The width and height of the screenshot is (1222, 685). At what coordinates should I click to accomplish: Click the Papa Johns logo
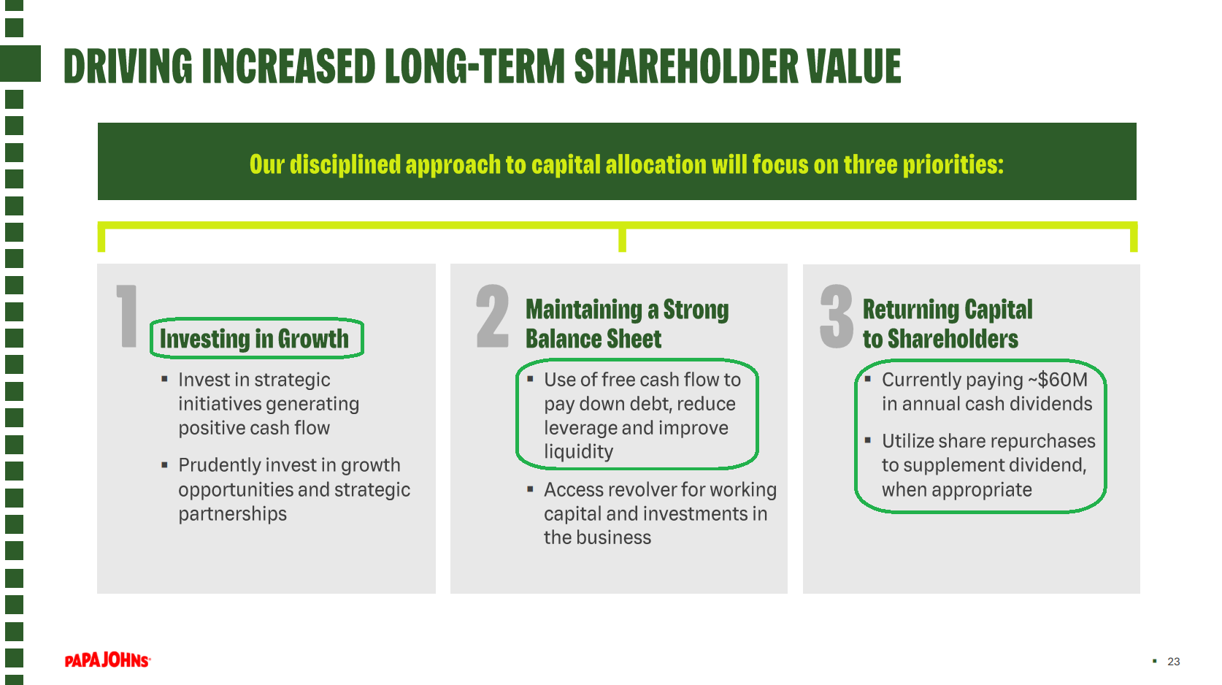107,660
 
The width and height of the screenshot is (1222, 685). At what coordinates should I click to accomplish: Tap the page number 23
1173,662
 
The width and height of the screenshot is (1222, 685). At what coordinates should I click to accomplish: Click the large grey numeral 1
127,316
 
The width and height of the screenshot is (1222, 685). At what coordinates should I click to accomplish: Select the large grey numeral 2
492,316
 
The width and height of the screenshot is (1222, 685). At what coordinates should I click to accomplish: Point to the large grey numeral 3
837,316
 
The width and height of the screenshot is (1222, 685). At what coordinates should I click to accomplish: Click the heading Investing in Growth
254,339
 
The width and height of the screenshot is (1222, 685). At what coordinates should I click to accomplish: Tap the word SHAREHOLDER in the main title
685,66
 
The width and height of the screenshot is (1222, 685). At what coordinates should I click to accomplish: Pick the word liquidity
578,452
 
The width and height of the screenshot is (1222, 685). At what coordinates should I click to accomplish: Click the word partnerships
232,514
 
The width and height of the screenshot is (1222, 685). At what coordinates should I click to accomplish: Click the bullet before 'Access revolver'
530,489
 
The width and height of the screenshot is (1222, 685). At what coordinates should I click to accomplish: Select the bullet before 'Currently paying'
867,379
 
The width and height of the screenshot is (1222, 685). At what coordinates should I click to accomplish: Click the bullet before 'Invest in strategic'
164,379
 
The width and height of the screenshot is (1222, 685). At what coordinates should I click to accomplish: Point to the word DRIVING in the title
128,66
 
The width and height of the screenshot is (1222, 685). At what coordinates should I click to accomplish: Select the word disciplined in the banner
345,164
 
